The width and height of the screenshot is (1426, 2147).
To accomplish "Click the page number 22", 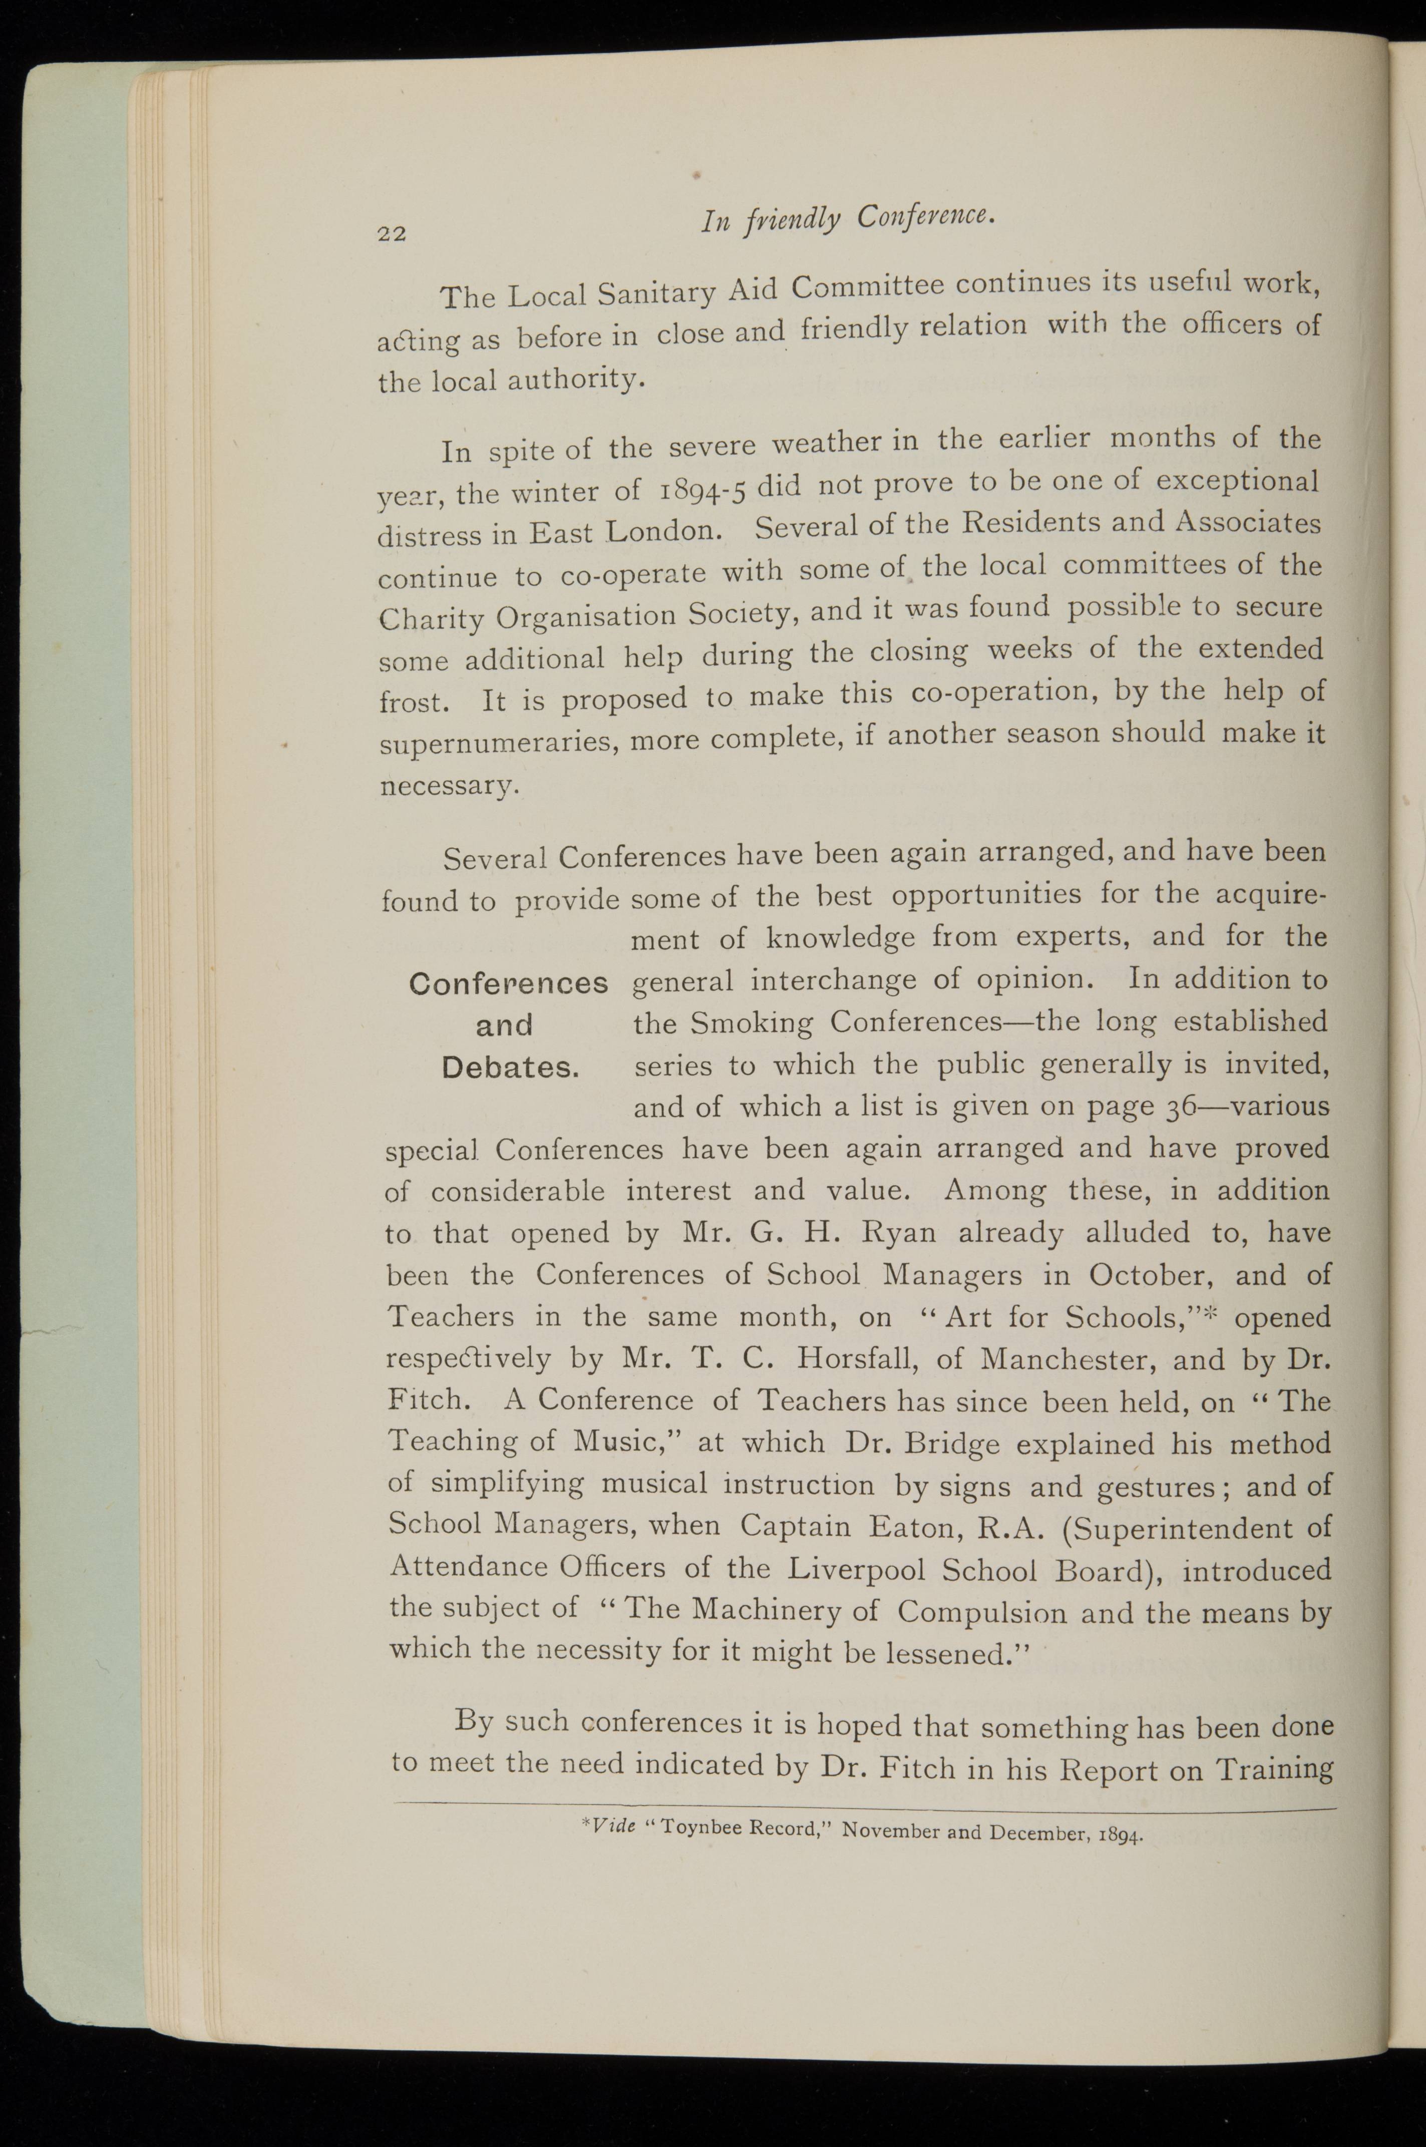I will tap(392, 233).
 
